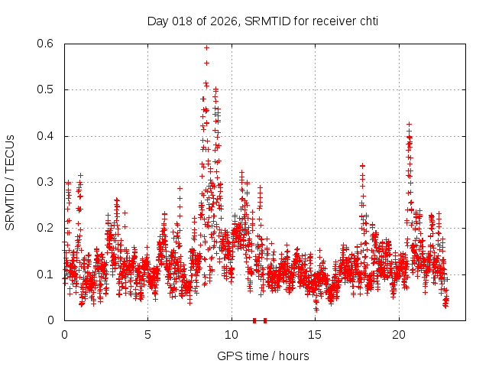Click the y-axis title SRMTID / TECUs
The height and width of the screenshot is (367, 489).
click(11, 183)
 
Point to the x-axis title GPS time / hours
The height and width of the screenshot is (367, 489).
click(263, 356)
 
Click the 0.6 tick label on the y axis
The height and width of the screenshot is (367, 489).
click(47, 44)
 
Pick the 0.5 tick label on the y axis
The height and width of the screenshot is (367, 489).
click(47, 89)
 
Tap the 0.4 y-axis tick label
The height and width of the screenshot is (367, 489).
click(47, 136)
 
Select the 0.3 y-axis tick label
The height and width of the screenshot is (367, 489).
click(47, 182)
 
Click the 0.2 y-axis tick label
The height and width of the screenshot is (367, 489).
click(47, 228)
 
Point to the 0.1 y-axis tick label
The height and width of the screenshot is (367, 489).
click(47, 274)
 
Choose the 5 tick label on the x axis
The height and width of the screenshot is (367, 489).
click(148, 334)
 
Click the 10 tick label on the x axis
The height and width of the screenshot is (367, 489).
click(232, 334)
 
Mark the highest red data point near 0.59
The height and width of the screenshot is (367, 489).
click(206, 47)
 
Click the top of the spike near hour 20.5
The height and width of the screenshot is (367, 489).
click(409, 124)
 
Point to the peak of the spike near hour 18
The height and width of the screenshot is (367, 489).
click(362, 165)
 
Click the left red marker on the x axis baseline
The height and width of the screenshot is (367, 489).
click(254, 320)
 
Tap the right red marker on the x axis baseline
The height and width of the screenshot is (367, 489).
click(265, 320)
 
